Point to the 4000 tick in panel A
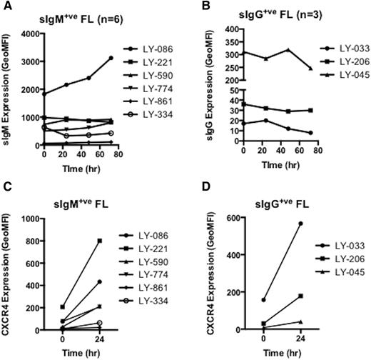tap(29, 33)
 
